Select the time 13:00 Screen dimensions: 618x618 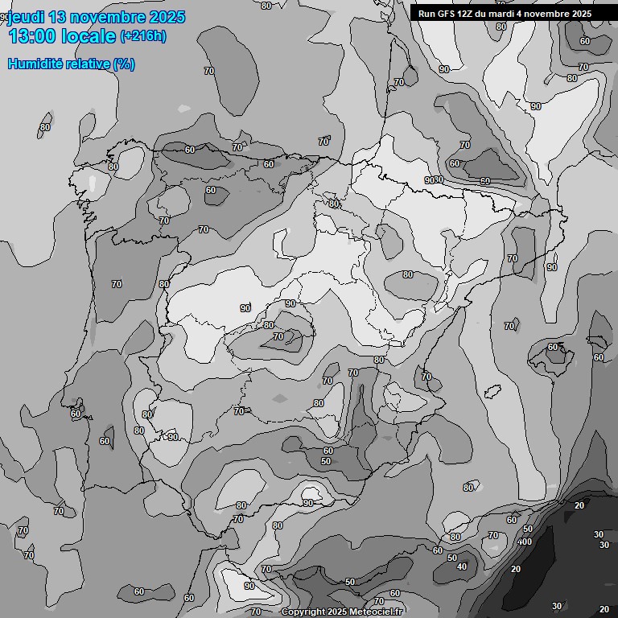click(x=35, y=36)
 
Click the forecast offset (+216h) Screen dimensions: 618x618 click(x=143, y=36)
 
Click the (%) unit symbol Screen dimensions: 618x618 click(x=124, y=64)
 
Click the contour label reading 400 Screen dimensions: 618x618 click(x=524, y=542)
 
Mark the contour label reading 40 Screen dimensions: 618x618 click(x=461, y=566)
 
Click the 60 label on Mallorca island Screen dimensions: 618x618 click(x=553, y=348)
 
